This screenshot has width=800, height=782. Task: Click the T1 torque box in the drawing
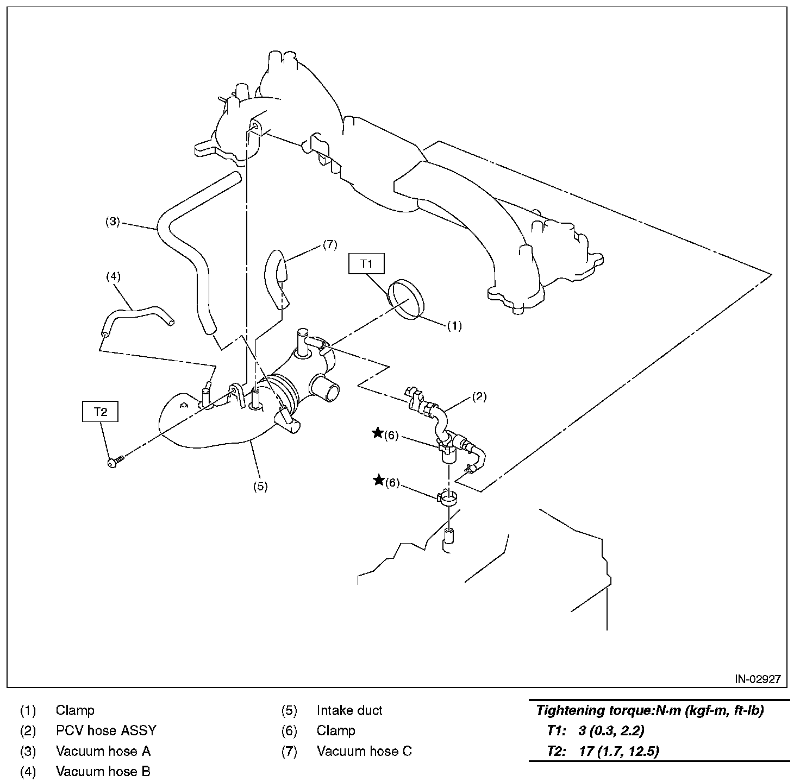(367, 264)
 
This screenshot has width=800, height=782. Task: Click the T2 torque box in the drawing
(100, 412)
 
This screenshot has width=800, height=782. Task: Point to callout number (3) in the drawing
(112, 222)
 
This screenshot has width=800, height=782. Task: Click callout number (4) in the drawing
(112, 276)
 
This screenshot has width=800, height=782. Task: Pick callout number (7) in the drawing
(330, 244)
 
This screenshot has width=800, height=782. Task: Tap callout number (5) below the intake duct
(260, 486)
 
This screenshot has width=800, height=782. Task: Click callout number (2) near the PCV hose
(479, 396)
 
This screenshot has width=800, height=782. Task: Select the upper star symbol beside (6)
(377, 433)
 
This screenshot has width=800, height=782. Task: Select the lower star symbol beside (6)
(377, 480)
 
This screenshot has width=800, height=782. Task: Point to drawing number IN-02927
(758, 679)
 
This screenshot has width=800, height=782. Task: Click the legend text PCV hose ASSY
(106, 730)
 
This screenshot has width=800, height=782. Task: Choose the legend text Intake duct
(349, 710)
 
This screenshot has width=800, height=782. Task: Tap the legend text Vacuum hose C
(364, 751)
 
